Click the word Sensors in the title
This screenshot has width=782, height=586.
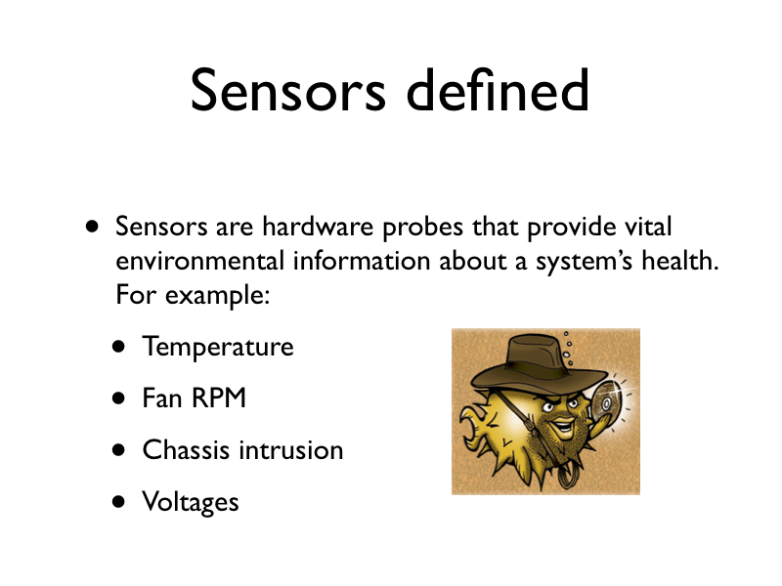point(288,90)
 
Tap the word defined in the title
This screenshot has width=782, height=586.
point(498,89)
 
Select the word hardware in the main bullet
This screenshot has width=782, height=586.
point(318,227)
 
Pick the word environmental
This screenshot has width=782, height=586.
point(200,261)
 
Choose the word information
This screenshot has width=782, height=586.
point(362,260)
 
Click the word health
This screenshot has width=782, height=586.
point(680,260)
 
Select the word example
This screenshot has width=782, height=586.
point(217,296)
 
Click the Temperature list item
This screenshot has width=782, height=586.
point(218,347)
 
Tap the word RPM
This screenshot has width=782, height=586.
point(219,398)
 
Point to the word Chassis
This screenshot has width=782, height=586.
point(186,449)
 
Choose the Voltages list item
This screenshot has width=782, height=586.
point(191,502)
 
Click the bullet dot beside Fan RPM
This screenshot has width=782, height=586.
point(118,398)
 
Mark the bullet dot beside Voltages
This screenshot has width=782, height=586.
point(118,501)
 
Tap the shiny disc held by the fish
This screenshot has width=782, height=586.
point(606,402)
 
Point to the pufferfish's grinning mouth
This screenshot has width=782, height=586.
point(563,426)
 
